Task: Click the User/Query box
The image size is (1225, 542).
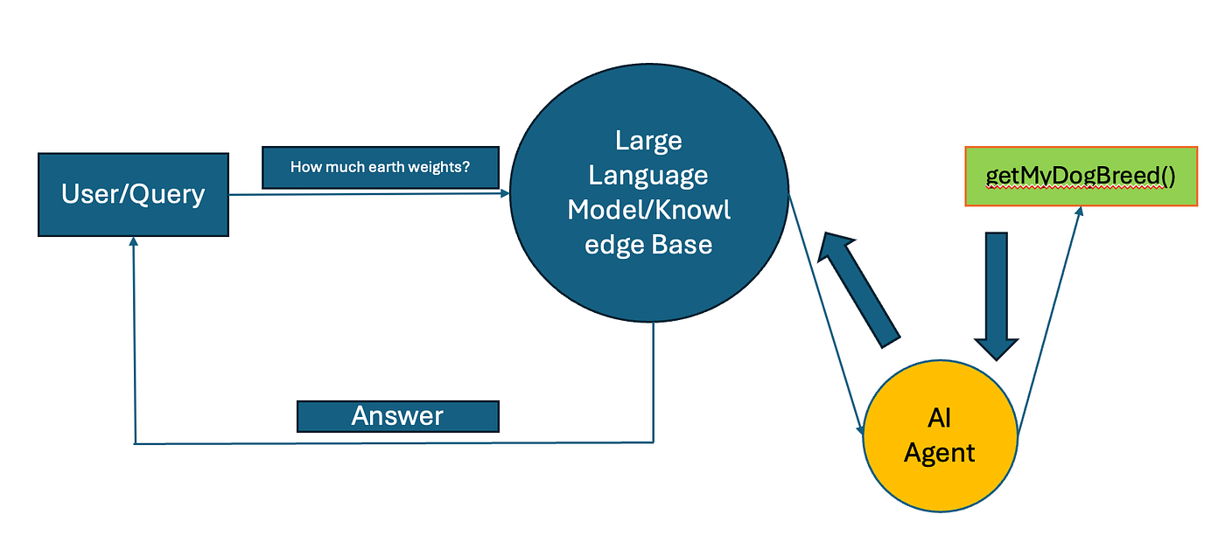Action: point(133,194)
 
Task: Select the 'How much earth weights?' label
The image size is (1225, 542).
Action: point(381,167)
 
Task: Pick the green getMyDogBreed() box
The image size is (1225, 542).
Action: point(1081,177)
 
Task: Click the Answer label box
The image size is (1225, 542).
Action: point(398,416)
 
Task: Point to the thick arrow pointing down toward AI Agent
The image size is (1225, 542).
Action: point(997,297)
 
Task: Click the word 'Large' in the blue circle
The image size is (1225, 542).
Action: point(648,140)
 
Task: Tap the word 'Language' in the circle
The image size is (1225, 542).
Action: point(648,175)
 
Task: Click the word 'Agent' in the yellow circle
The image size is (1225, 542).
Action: point(940,453)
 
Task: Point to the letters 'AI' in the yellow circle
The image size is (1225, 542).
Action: point(940,420)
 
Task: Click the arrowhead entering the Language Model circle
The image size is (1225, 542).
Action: point(505,194)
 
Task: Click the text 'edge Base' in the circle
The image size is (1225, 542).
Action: point(648,245)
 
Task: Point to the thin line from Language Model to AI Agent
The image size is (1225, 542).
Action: point(827,315)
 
